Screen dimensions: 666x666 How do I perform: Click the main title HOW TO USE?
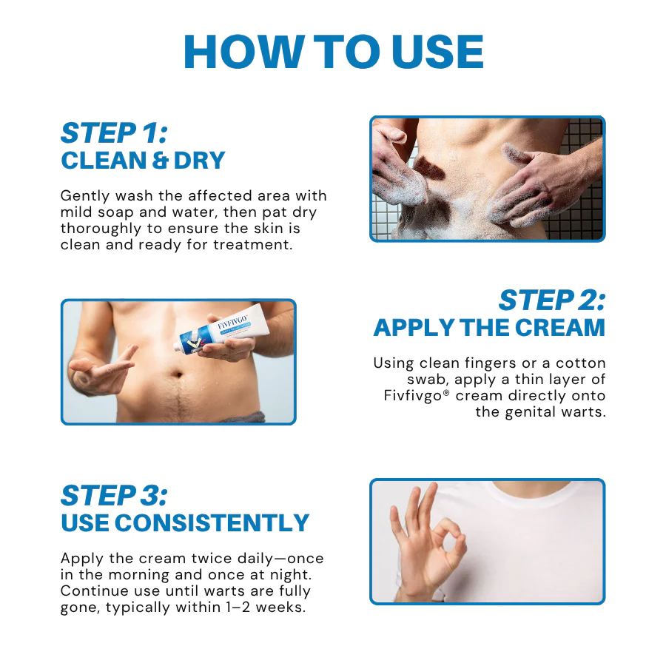[x=333, y=52]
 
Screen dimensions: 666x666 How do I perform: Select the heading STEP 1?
[x=114, y=133]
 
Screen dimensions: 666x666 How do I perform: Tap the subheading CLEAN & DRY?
[x=143, y=161]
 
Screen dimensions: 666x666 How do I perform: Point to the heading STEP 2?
[x=551, y=300]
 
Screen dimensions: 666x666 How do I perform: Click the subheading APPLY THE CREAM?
[x=489, y=327]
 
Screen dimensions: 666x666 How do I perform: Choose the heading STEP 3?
[x=114, y=495]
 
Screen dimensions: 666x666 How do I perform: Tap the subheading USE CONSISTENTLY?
[x=185, y=522]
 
